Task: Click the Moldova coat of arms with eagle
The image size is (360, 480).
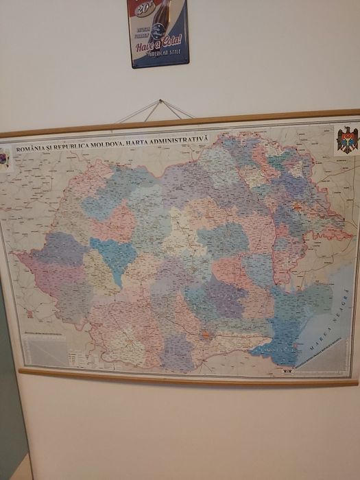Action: click(x=346, y=141)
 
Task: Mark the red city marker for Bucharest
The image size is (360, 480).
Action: click(x=204, y=335)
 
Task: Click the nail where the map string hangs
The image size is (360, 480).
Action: click(x=160, y=101)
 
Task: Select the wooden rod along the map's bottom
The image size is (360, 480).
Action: click(x=185, y=378)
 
